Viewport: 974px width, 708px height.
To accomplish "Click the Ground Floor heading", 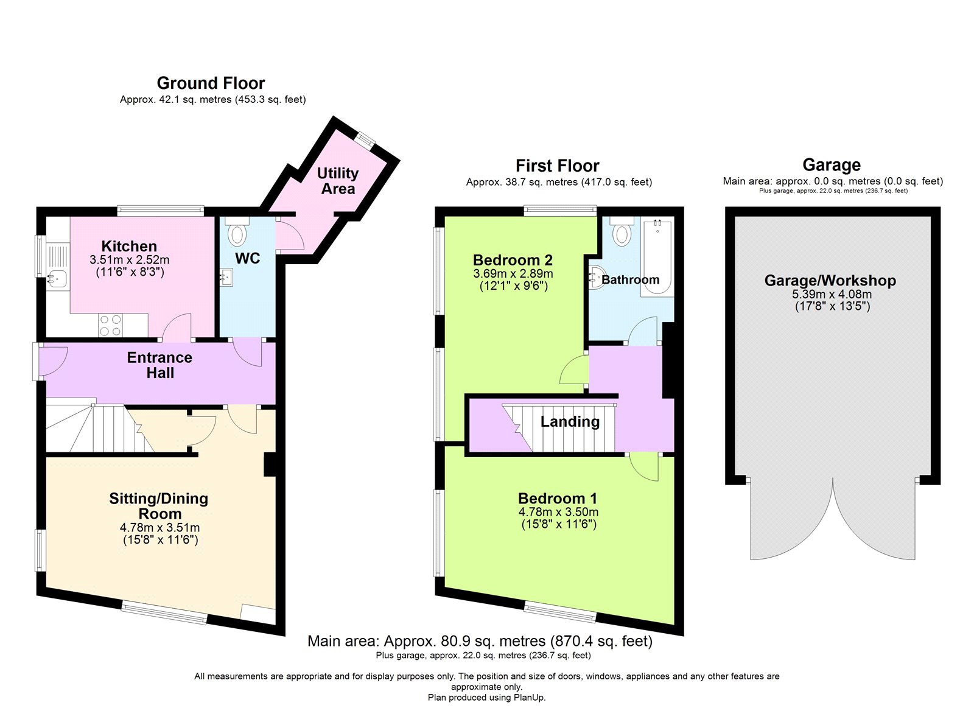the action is [x=211, y=83].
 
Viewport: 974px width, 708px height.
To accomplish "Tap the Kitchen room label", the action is [x=129, y=246].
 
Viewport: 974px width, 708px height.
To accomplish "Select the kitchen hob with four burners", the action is [x=110, y=325].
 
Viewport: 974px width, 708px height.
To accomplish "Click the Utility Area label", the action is [x=338, y=181].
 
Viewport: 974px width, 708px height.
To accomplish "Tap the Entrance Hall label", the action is [x=159, y=365].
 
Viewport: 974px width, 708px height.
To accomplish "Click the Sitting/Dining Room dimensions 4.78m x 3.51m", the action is [x=159, y=528].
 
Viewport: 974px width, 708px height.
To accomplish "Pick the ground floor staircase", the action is [x=100, y=429].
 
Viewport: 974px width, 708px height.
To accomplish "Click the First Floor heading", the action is [x=558, y=166].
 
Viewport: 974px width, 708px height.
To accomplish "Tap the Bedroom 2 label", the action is [x=513, y=260].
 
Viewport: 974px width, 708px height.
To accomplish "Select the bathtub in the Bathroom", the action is [x=657, y=258].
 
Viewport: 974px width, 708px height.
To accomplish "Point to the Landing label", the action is [x=570, y=421].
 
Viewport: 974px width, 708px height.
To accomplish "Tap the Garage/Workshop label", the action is [x=830, y=281].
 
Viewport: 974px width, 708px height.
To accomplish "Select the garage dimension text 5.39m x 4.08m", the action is [x=832, y=294].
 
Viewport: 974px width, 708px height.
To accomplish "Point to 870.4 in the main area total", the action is [x=572, y=640].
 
